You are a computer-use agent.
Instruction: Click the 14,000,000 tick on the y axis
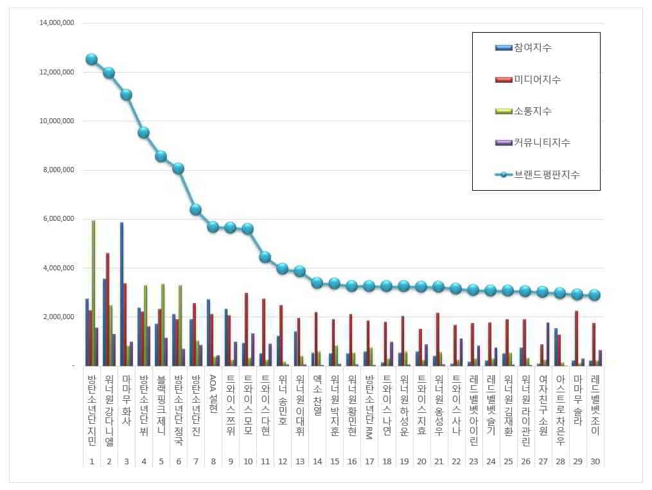coord(57,23)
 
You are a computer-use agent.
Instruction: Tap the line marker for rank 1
coord(91,59)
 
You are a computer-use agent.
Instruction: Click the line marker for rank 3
coord(126,94)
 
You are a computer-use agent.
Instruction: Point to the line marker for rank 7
coord(196,209)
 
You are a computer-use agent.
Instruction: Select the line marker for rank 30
coord(595,295)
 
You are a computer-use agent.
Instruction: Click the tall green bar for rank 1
coord(93,293)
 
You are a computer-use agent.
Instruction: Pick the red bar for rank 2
coord(107,309)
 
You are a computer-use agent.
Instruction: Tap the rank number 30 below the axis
coord(595,462)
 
